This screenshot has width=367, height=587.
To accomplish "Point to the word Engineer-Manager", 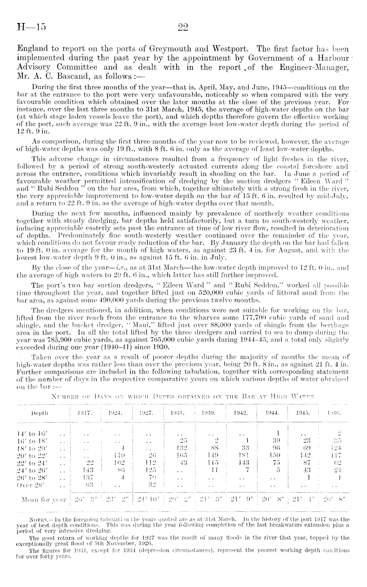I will (319, 68).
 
